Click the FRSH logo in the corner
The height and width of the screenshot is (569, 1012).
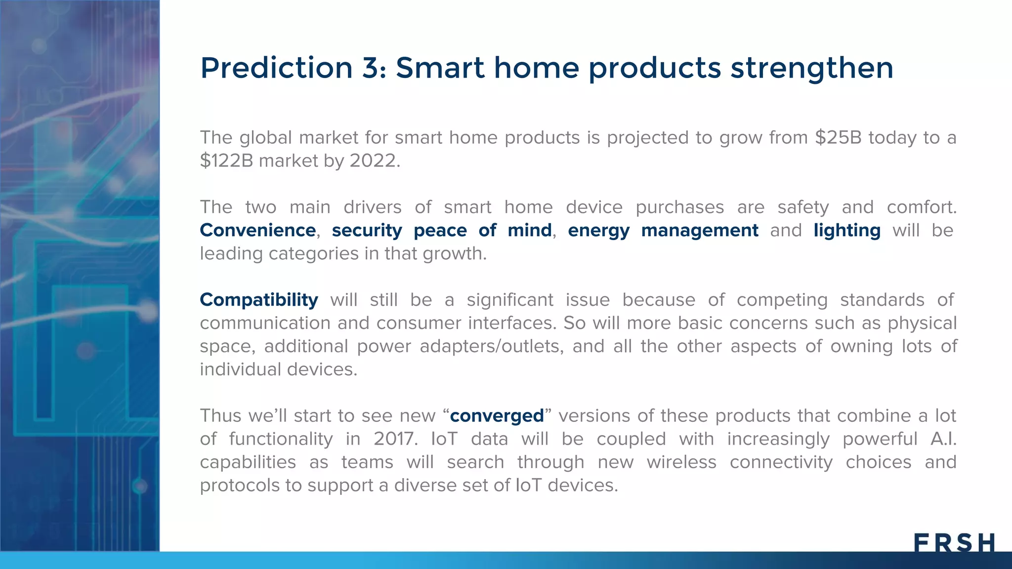click(954, 543)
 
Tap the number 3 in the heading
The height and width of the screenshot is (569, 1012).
click(374, 68)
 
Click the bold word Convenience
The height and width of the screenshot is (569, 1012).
click(257, 230)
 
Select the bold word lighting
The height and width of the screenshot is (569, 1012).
click(847, 230)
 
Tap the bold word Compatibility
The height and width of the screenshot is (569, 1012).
click(259, 300)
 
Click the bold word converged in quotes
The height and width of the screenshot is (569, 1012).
click(497, 416)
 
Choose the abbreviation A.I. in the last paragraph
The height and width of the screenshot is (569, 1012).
click(943, 439)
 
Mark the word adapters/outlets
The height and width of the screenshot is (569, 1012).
click(491, 346)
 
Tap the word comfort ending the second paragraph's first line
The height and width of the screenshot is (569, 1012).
click(921, 207)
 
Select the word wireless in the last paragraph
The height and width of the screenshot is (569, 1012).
click(681, 462)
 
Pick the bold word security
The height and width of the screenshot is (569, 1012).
click(367, 231)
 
